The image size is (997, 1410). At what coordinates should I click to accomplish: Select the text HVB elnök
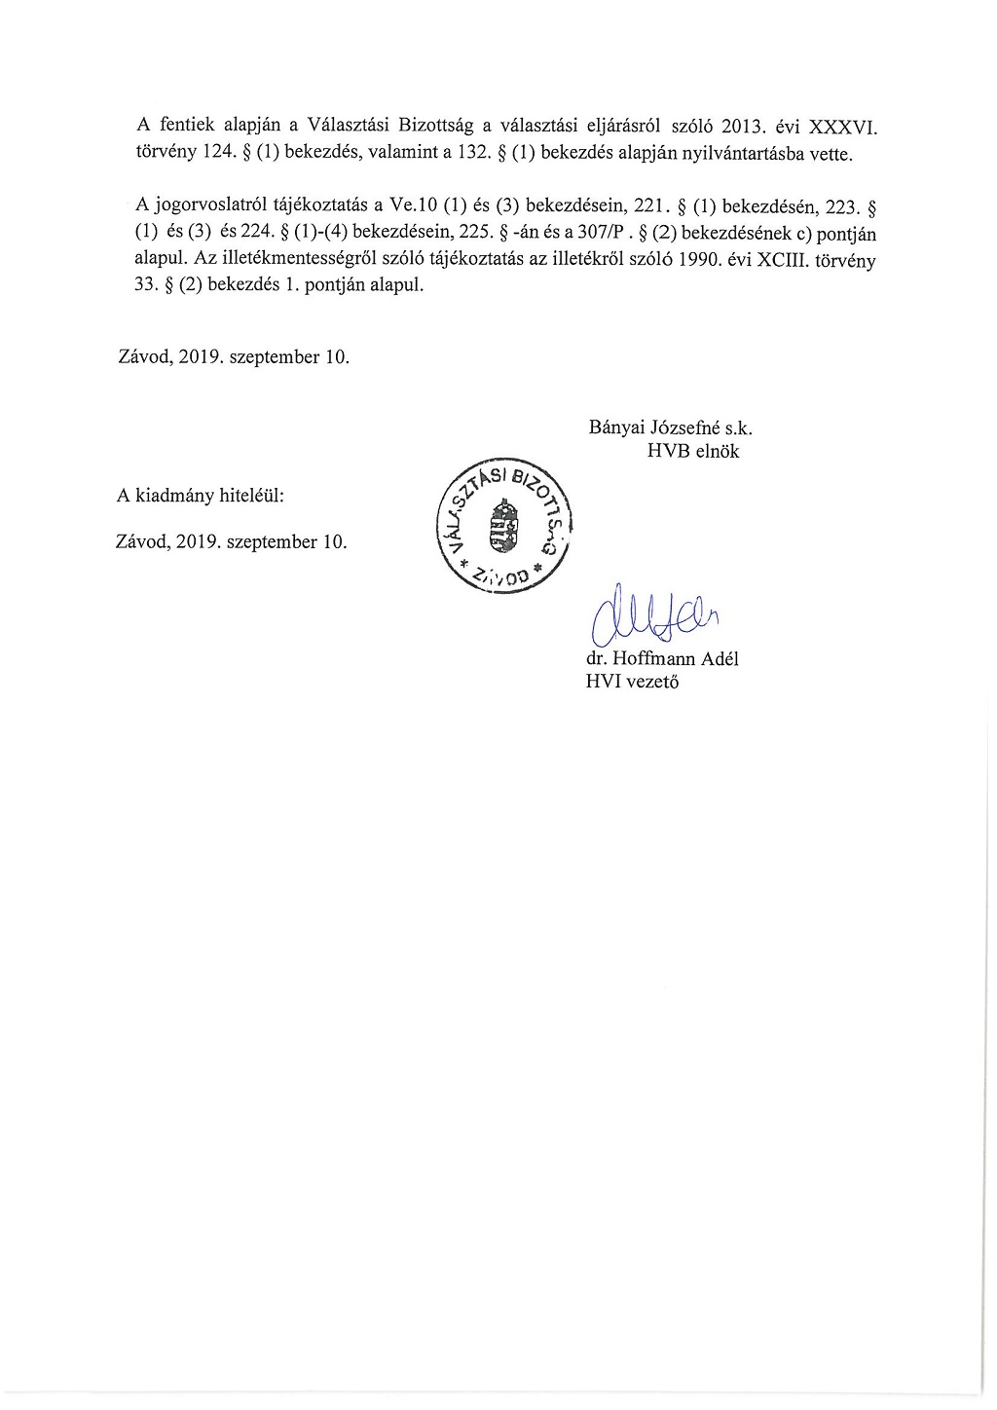pos(693,451)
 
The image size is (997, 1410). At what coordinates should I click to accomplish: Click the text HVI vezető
pos(632,682)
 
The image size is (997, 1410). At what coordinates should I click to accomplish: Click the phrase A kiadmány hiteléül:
pos(201,496)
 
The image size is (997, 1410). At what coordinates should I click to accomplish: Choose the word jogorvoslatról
pos(210,205)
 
